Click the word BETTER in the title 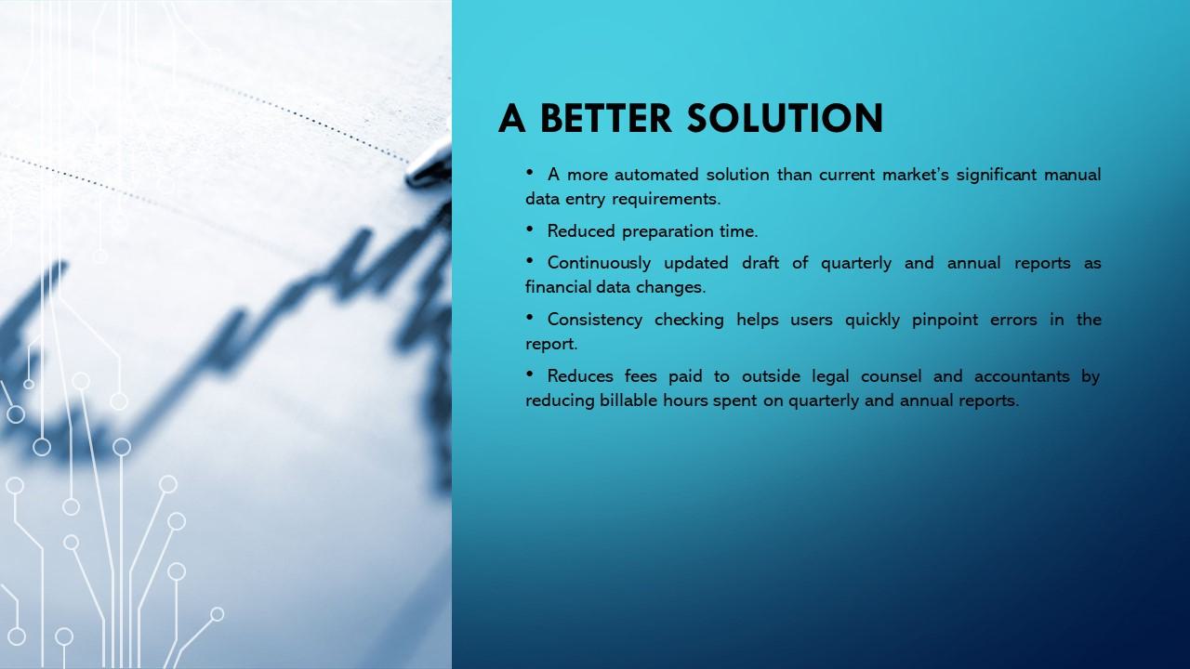tap(606, 118)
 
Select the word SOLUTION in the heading tap(786, 118)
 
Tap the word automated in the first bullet tap(656, 174)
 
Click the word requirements tap(667, 199)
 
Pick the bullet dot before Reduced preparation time tap(530, 229)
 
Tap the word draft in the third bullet tap(760, 263)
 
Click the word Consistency tap(595, 320)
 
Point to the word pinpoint tap(945, 320)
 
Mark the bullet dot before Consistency tap(530, 317)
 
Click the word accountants tap(1022, 376)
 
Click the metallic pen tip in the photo tap(429, 165)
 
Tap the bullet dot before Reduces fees tap(530, 374)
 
